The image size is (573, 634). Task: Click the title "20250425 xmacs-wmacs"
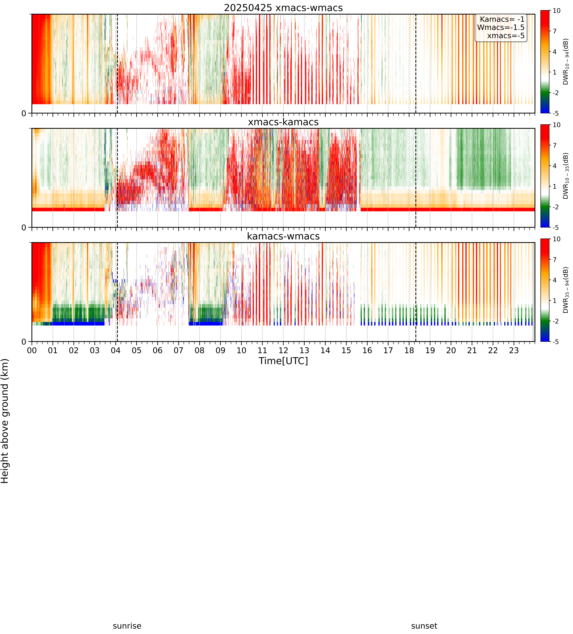click(283, 8)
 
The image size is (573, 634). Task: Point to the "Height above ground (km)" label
click(5, 421)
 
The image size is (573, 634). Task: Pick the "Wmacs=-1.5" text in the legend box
click(501, 27)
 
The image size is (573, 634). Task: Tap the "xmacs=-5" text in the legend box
click(506, 36)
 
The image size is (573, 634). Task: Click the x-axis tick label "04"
click(116, 350)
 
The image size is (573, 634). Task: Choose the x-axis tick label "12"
click(283, 350)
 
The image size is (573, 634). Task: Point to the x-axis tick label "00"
click(32, 350)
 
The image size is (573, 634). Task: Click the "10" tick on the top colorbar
click(557, 11)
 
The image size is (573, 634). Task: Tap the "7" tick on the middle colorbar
click(555, 145)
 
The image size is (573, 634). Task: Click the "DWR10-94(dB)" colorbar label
click(566, 62)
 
